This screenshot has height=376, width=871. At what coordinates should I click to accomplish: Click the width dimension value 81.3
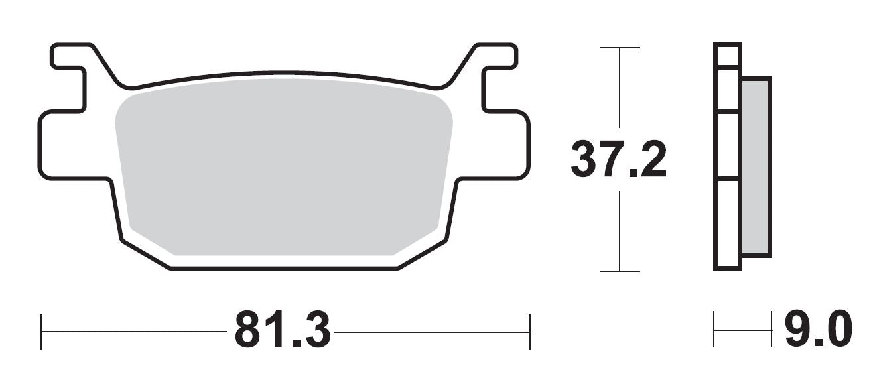[282, 330]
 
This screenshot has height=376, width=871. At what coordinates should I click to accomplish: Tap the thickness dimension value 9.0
[817, 330]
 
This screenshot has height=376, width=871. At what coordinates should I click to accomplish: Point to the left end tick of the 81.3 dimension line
[42, 331]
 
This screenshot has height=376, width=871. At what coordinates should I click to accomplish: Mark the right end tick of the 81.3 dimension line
[529, 331]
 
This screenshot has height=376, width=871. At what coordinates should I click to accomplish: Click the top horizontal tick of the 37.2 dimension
[620, 48]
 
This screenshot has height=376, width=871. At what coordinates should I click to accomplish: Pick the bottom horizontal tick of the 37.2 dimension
[620, 271]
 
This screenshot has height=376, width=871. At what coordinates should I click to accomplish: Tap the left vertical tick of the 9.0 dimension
[714, 330]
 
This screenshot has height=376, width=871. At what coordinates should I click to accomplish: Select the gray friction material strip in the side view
[756, 166]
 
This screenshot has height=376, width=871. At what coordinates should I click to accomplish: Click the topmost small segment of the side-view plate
[727, 55]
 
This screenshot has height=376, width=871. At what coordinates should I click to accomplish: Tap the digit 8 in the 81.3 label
[248, 330]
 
